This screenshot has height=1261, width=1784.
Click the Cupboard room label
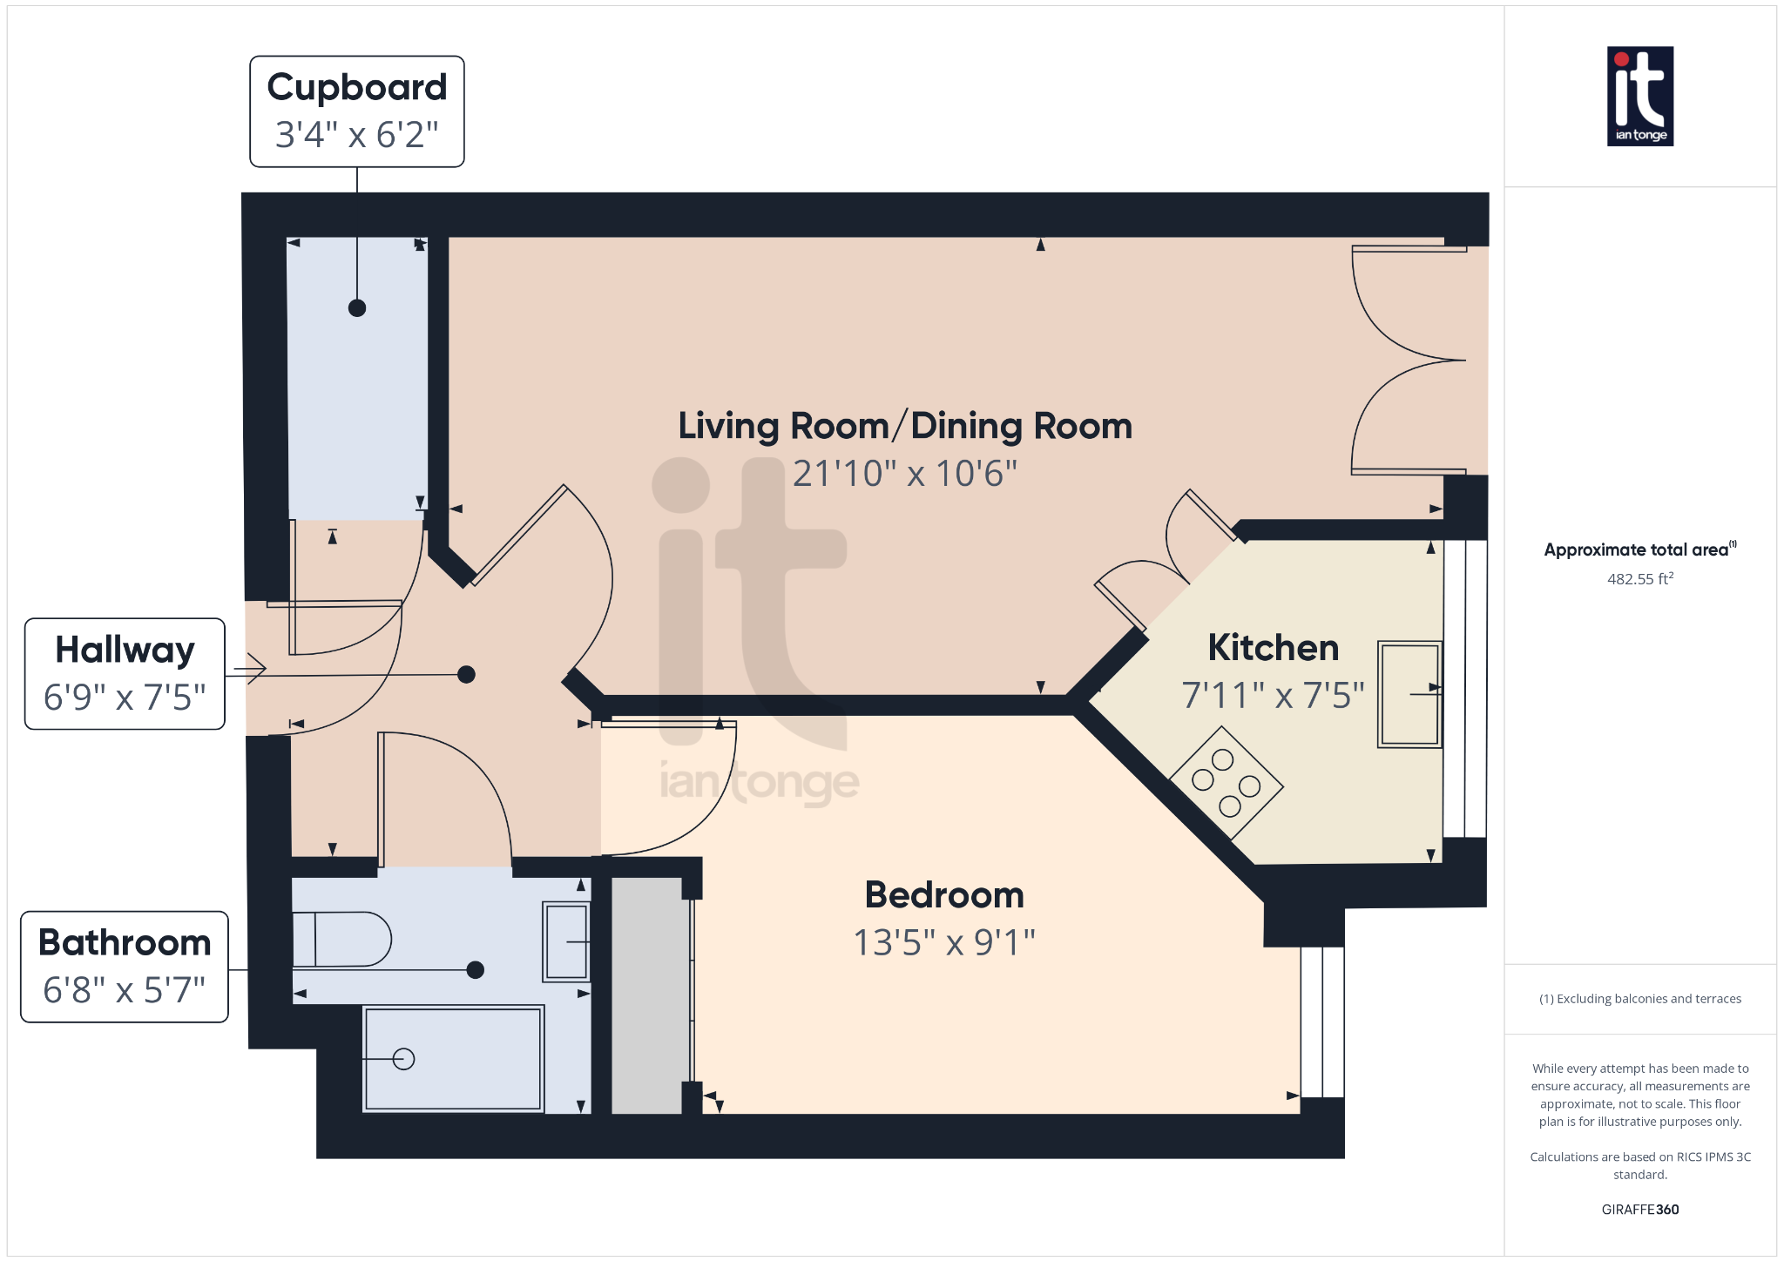357,88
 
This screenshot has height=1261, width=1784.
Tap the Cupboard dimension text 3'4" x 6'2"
357,135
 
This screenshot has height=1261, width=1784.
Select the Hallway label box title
125,651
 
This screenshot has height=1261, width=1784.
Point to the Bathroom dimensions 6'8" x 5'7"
125,990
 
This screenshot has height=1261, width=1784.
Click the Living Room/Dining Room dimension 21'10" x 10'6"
905,474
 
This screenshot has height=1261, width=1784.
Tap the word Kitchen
1274,648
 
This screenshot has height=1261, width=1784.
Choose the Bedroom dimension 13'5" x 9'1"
944,942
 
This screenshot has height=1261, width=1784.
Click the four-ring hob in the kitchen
1226,782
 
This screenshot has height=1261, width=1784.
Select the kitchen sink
1409,694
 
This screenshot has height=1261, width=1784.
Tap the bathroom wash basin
566,942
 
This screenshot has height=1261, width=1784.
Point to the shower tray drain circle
403,1059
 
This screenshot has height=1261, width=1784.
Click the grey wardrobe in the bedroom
646,995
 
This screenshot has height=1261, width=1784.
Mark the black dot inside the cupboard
357,308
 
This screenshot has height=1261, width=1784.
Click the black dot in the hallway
467,674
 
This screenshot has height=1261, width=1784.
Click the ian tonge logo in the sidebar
1640,96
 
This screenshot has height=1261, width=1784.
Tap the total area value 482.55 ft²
1640,579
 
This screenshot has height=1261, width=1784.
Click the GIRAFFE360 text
1640,1210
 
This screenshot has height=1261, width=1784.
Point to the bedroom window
1322,1022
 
